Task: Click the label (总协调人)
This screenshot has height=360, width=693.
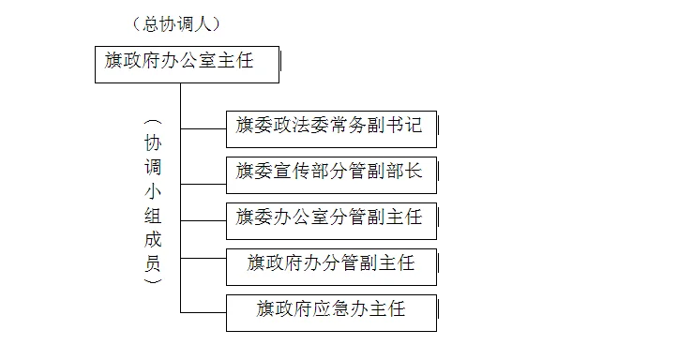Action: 190,23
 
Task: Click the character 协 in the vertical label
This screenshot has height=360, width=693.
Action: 154,144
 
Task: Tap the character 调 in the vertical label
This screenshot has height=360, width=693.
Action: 154,169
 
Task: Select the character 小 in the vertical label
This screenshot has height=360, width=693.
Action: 154,192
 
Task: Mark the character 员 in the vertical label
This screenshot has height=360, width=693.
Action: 154,262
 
